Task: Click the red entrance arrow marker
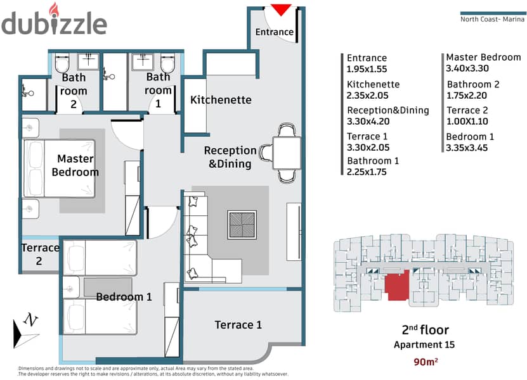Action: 281,9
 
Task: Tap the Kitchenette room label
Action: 221,99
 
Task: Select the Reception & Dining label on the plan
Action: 230,157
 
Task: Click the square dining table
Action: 287,153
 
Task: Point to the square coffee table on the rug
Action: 242,225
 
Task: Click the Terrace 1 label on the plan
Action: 238,325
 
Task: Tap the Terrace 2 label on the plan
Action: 40,254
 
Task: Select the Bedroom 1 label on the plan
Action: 124,297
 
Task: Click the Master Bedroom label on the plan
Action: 75,165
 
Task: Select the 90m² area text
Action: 426,362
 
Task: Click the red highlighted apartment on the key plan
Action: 397,284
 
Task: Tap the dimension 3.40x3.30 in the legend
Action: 467,68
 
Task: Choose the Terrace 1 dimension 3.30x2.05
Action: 368,148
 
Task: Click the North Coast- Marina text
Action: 492,19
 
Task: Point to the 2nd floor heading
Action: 425,329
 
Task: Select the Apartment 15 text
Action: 424,345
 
